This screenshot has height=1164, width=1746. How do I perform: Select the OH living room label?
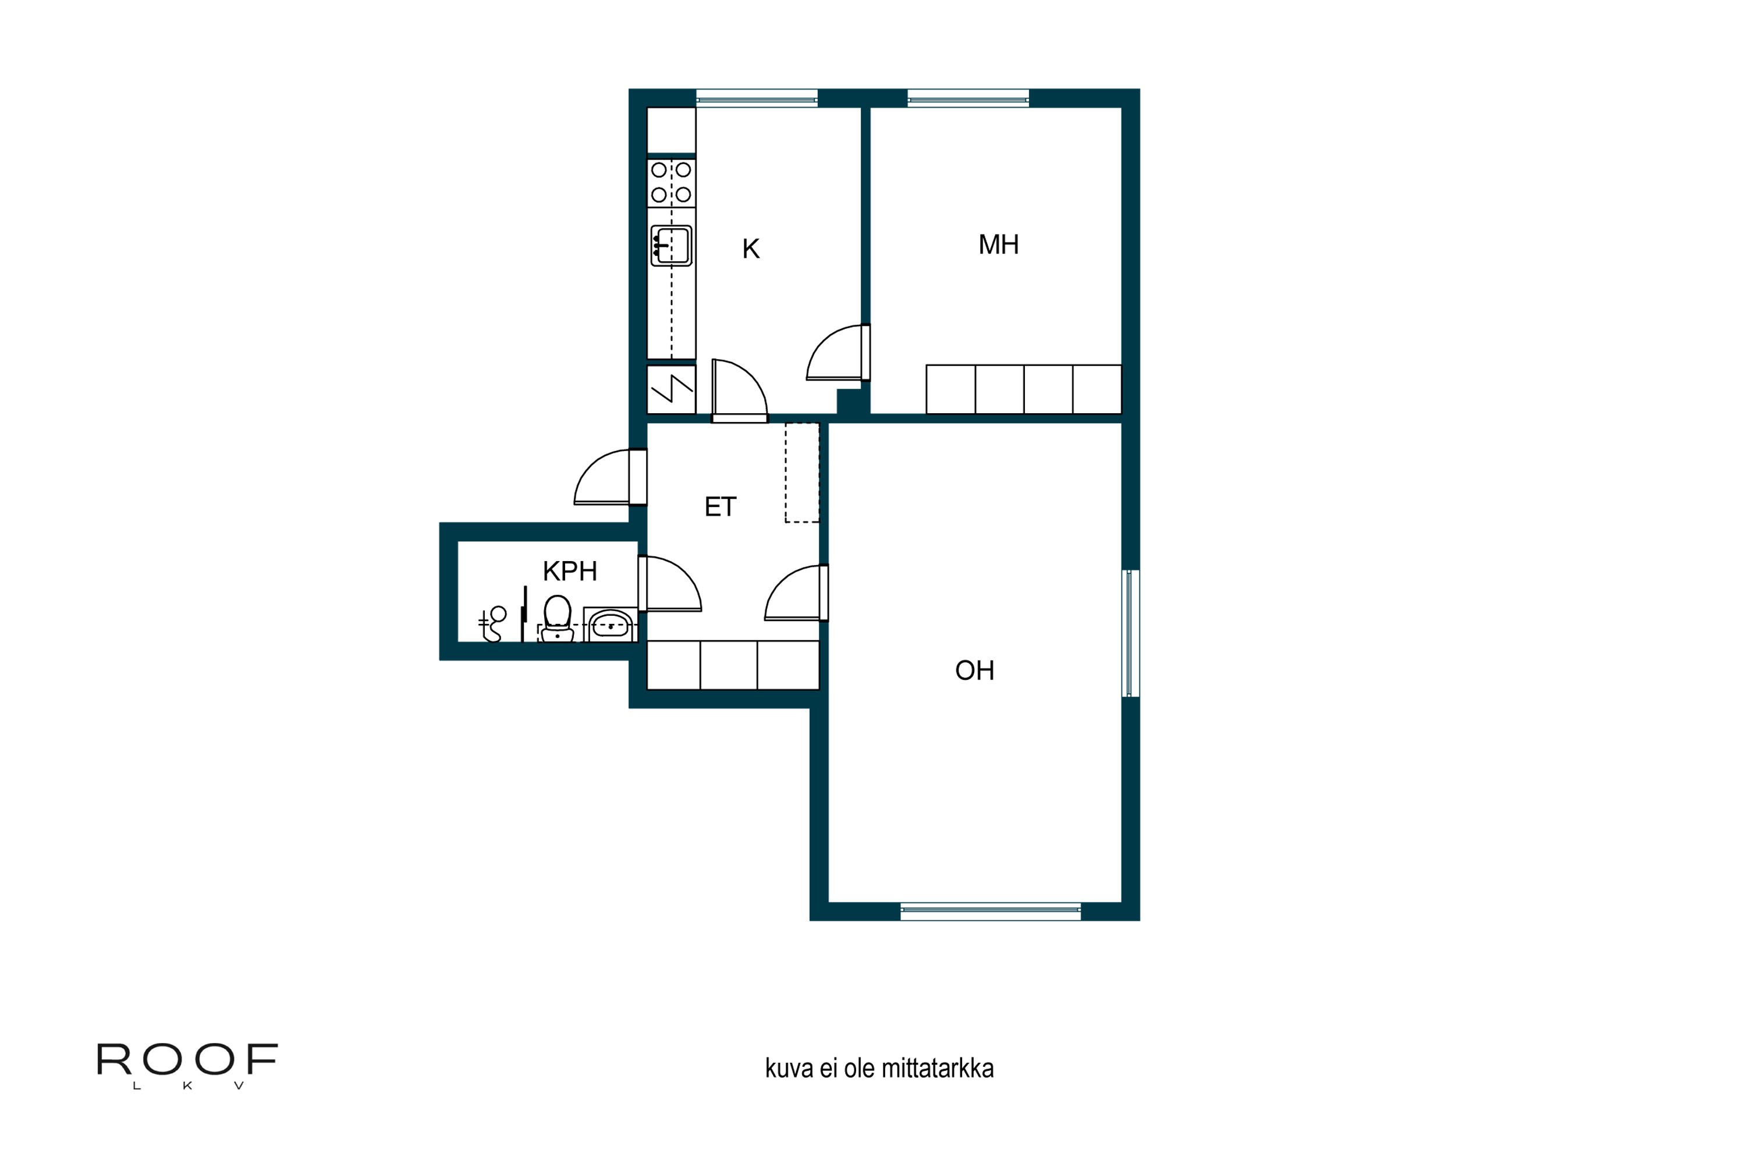pyautogui.click(x=974, y=670)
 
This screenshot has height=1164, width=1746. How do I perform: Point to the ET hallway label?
pyautogui.click(x=719, y=507)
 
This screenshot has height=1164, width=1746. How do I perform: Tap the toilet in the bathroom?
pyautogui.click(x=557, y=618)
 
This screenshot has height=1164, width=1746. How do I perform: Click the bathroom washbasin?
pyautogui.click(x=610, y=624)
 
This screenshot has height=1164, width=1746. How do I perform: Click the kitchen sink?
pyautogui.click(x=671, y=246)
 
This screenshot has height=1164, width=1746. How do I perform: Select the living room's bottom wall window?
pyautogui.click(x=991, y=911)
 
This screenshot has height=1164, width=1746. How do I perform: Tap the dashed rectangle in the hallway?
pyautogui.click(x=802, y=473)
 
